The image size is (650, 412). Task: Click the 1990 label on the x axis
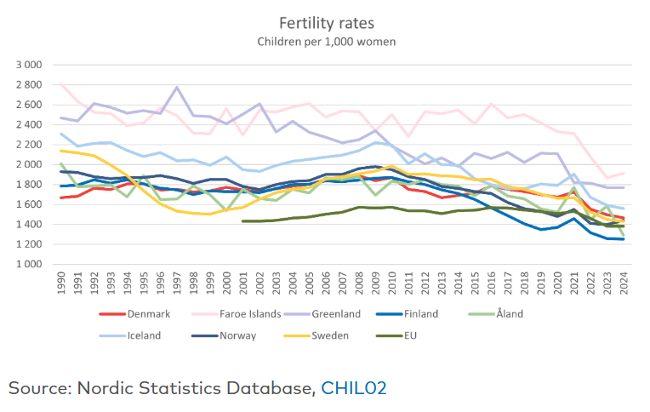[x=61, y=284]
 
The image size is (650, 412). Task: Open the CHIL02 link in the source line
[x=354, y=388]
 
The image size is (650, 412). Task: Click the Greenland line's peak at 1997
[x=176, y=87]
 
